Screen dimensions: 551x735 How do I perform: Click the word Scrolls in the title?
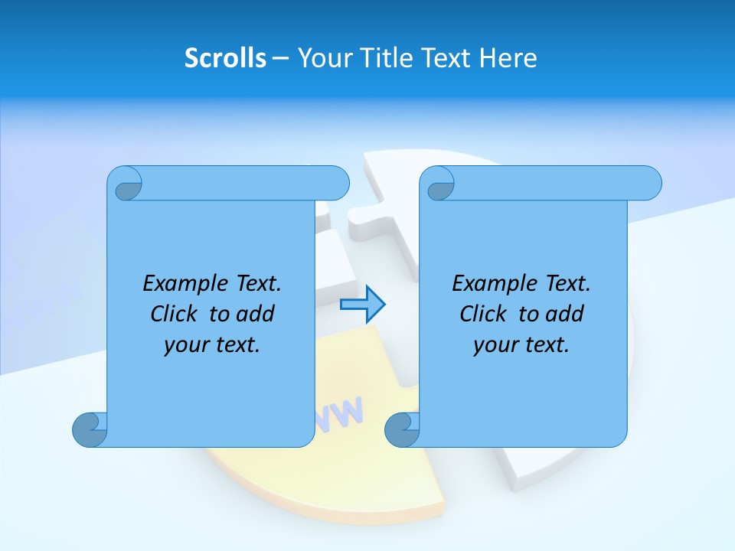(225, 57)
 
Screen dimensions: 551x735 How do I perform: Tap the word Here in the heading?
(508, 57)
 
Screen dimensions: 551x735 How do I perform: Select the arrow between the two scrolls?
(362, 305)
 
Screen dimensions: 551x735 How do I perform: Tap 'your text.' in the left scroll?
(212, 345)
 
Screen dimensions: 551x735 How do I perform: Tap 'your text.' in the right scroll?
(521, 345)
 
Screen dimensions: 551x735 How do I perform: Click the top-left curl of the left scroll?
(126, 184)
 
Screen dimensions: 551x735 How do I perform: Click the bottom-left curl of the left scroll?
(90, 429)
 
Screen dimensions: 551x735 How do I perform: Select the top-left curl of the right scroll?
(439, 184)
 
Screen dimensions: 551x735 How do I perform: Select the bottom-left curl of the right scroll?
(401, 429)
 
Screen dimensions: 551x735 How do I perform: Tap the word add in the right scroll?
(565, 314)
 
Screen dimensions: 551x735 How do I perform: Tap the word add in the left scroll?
(256, 314)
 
